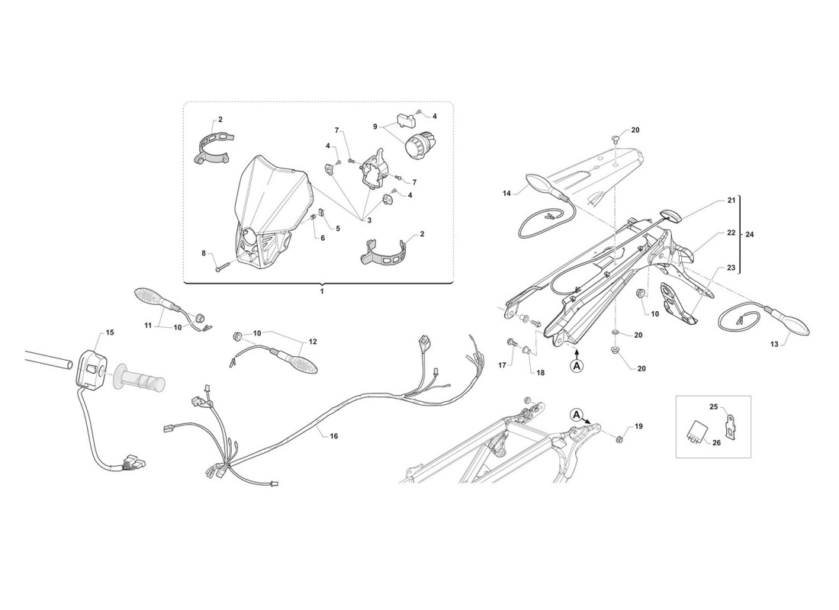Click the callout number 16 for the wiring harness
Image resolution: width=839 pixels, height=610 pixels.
(333, 436)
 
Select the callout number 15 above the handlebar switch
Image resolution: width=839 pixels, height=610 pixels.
(110, 332)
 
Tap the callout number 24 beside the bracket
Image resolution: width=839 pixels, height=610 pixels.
(749, 234)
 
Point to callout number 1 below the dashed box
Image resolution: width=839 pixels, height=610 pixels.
(322, 291)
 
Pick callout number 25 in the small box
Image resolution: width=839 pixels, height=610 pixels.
(713, 407)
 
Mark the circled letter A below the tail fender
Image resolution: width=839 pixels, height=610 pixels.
(577, 366)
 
